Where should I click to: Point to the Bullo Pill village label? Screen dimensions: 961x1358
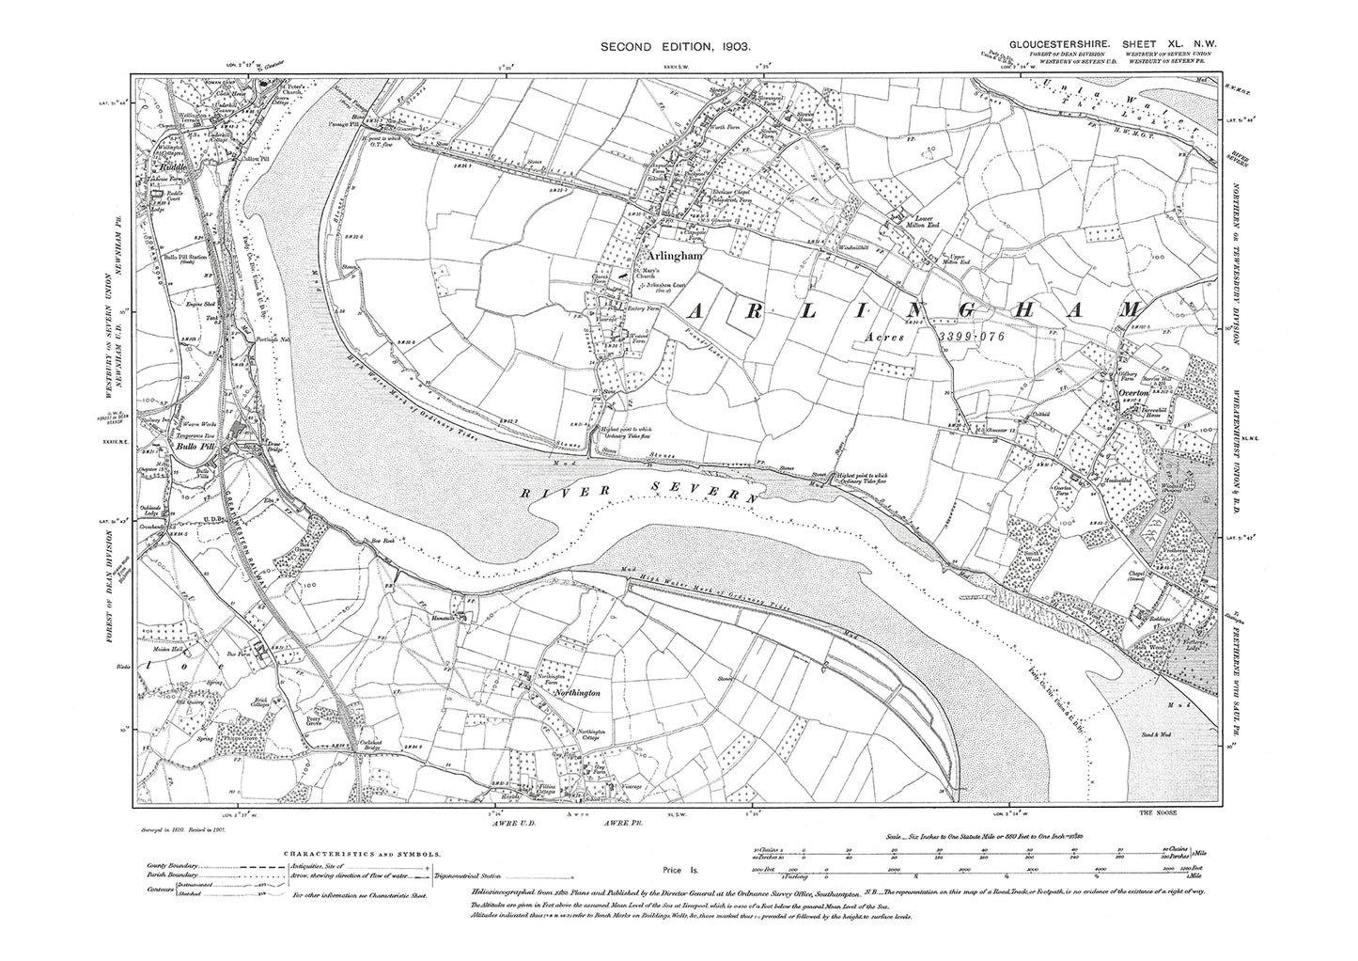click(187, 448)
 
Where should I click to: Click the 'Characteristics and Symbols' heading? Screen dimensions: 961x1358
click(362, 854)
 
